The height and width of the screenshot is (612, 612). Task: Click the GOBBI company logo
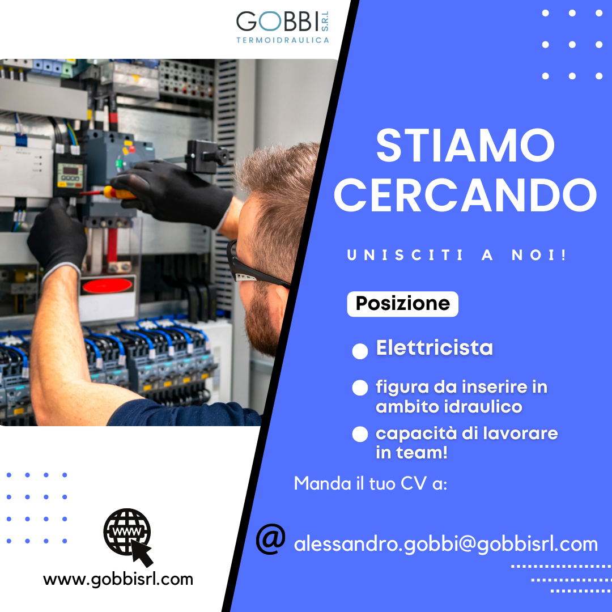(283, 27)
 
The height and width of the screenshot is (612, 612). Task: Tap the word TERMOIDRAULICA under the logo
(283, 40)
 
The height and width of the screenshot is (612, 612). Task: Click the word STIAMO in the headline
(465, 145)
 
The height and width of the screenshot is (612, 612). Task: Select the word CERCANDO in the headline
(465, 195)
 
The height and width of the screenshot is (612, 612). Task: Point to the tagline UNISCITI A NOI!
(456, 255)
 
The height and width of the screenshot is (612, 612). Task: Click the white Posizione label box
(402, 304)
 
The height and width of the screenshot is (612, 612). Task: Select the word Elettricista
(434, 347)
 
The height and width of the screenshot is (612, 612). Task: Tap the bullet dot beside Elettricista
(360, 351)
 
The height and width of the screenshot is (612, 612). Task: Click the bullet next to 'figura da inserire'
(360, 388)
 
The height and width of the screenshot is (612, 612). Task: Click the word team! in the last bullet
(422, 453)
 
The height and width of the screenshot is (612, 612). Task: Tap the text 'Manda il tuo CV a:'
(371, 483)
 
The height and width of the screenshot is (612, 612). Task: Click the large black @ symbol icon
(270, 539)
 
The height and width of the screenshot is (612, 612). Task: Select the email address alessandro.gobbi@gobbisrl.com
(446, 544)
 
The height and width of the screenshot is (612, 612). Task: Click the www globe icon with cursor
(128, 536)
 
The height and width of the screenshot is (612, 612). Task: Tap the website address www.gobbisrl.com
(118, 579)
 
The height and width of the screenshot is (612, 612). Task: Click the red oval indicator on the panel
(107, 286)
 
